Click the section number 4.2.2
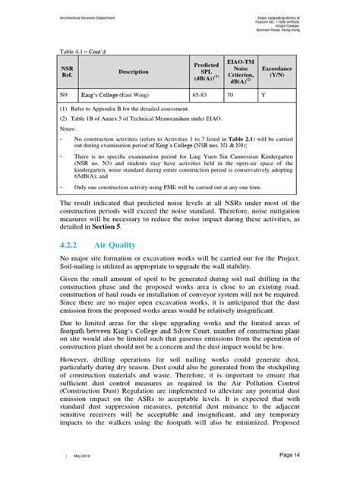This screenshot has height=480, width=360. click(x=72, y=245)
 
